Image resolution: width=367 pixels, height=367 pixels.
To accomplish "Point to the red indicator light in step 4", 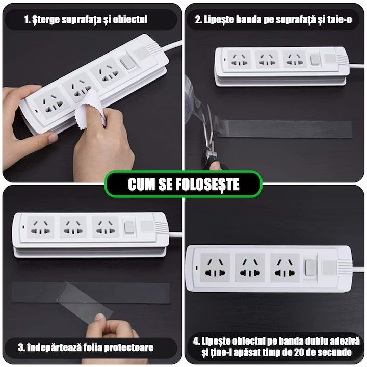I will click(197, 267).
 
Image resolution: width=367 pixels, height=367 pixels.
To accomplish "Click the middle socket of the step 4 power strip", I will click(250, 267).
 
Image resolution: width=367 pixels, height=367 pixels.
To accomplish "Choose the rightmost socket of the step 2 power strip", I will click(295, 59).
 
